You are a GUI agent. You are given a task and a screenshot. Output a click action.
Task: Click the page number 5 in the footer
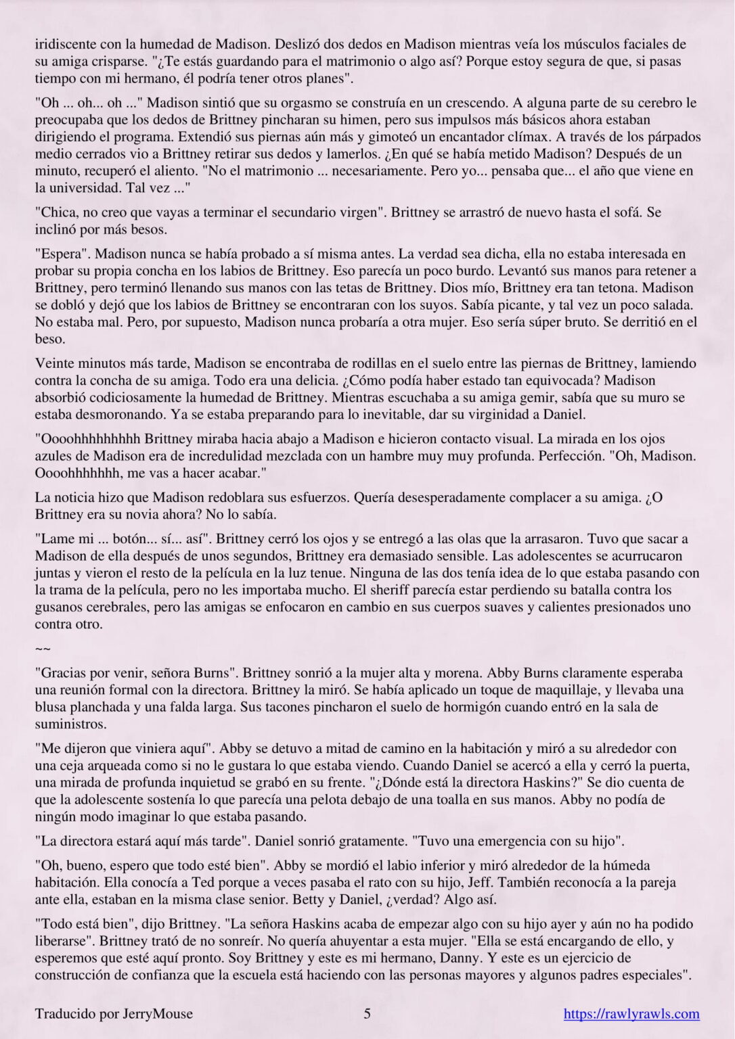coord(367,1013)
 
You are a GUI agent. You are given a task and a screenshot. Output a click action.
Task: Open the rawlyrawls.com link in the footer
coord(631,1013)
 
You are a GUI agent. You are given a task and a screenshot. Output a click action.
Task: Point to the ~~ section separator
coord(42,649)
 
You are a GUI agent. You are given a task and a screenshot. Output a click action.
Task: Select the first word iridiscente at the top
coord(66,45)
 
